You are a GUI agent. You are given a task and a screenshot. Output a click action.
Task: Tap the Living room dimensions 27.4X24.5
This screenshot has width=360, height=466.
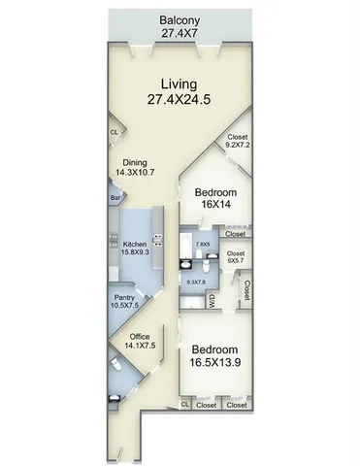coord(180,99)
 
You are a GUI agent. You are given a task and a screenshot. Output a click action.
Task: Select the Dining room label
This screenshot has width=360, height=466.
coord(134,164)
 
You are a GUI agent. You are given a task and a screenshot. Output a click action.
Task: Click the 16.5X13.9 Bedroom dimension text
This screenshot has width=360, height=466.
coord(216,364)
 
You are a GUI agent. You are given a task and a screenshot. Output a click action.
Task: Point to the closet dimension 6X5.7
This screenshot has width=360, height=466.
coord(236,261)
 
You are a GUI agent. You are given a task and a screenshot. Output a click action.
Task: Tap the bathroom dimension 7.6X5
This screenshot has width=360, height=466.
coord(203,245)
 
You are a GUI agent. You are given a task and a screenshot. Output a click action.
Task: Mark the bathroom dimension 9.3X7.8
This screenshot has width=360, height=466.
coord(197,283)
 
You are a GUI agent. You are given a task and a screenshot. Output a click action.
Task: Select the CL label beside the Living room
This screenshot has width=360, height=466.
coord(114,132)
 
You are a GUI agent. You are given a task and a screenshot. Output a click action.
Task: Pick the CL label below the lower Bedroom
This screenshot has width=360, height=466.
coord(184,405)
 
